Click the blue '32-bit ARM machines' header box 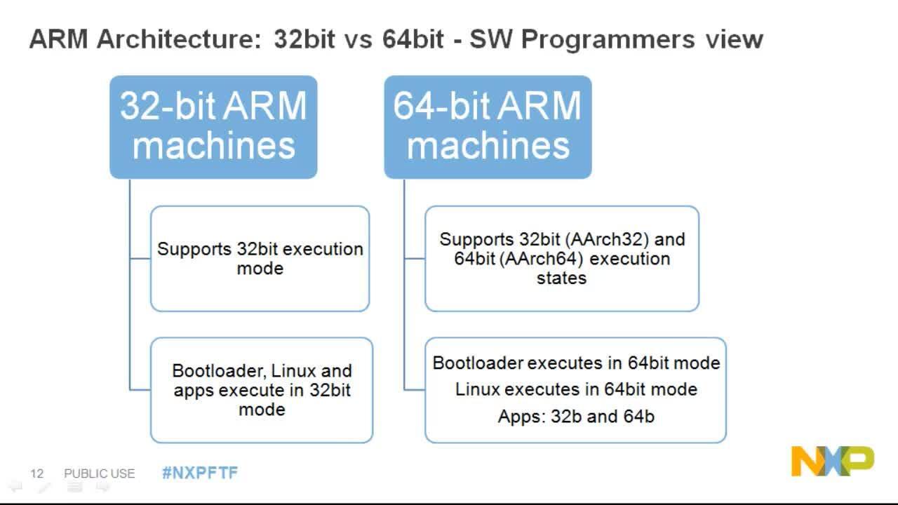(213, 126)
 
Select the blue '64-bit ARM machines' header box (488, 126)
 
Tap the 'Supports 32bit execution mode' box (260, 258)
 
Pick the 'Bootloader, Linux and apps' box (262, 389)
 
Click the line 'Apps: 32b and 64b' (575, 417)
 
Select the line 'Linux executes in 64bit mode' (575, 389)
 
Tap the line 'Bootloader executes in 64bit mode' (575, 363)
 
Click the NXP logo (833, 461)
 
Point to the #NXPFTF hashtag (200, 473)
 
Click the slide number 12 (36, 473)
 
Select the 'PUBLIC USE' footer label (99, 473)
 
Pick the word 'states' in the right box (561, 278)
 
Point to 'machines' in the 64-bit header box (488, 146)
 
